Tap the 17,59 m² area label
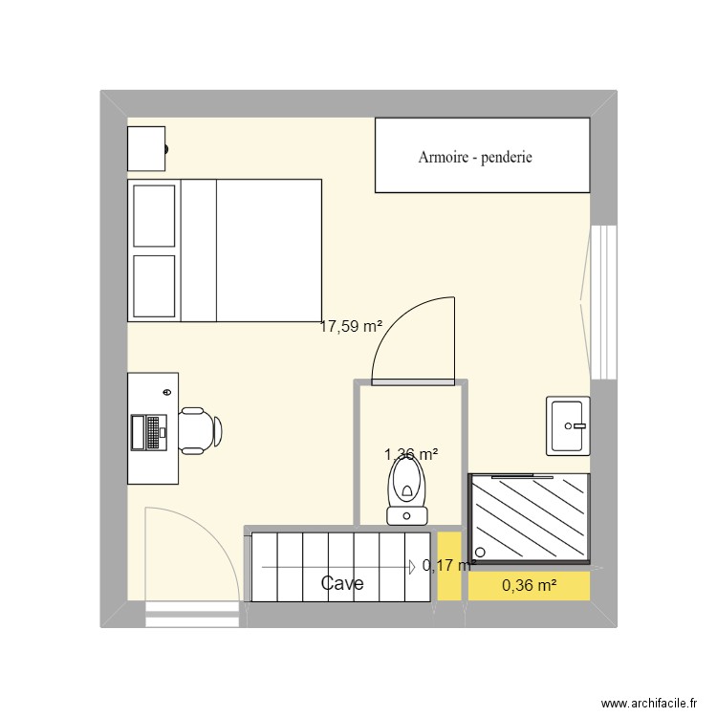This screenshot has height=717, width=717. click(x=351, y=326)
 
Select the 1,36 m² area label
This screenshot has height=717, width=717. click(x=411, y=454)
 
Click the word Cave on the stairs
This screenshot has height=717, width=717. click(x=341, y=583)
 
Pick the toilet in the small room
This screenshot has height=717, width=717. click(x=408, y=492)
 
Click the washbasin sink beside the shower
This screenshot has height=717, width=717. click(x=569, y=425)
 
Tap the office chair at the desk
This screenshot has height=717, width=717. click(x=200, y=430)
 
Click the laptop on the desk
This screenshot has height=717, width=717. click(x=150, y=432)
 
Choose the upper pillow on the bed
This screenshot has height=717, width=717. click(x=154, y=215)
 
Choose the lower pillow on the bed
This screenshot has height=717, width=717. click(x=154, y=285)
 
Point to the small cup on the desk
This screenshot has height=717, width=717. click(x=168, y=392)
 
